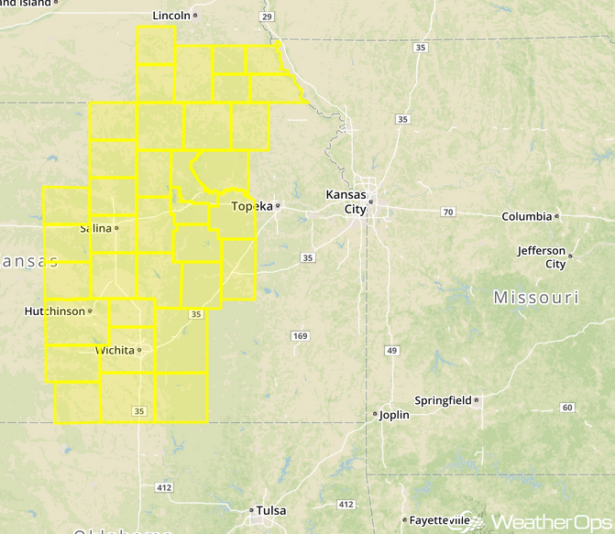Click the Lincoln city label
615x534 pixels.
click(x=171, y=16)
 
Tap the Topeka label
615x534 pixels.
click(x=252, y=206)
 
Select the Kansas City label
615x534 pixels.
click(x=346, y=202)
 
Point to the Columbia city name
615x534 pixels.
click(x=526, y=217)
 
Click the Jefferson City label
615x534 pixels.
click(x=542, y=256)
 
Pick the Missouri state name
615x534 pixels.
click(x=535, y=298)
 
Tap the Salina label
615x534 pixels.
click(x=95, y=228)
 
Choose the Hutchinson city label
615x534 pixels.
click(x=53, y=311)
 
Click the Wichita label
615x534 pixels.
click(x=115, y=351)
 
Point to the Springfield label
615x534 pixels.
click(x=443, y=400)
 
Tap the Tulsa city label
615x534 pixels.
click(x=271, y=510)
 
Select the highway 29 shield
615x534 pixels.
click(x=267, y=17)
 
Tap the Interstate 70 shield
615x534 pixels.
click(x=447, y=213)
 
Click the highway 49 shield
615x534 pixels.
click(x=392, y=351)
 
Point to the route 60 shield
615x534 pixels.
click(x=567, y=408)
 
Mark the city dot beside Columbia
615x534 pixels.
click(x=557, y=217)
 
